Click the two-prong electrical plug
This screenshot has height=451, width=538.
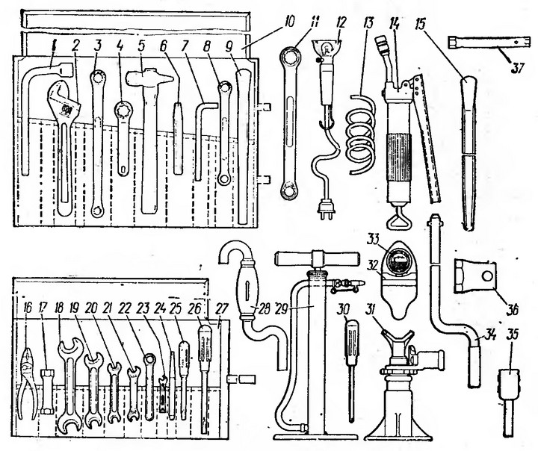click(x=325, y=209)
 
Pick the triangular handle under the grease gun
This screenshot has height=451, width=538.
click(x=399, y=220)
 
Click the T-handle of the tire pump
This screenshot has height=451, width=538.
click(x=317, y=258)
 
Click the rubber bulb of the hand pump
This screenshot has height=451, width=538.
click(x=247, y=287)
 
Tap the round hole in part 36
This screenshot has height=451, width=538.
click(x=487, y=276)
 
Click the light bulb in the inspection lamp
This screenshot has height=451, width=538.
click(x=327, y=46)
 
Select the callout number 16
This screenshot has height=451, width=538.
click(x=28, y=308)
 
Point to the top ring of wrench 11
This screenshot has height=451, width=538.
click(x=290, y=57)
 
